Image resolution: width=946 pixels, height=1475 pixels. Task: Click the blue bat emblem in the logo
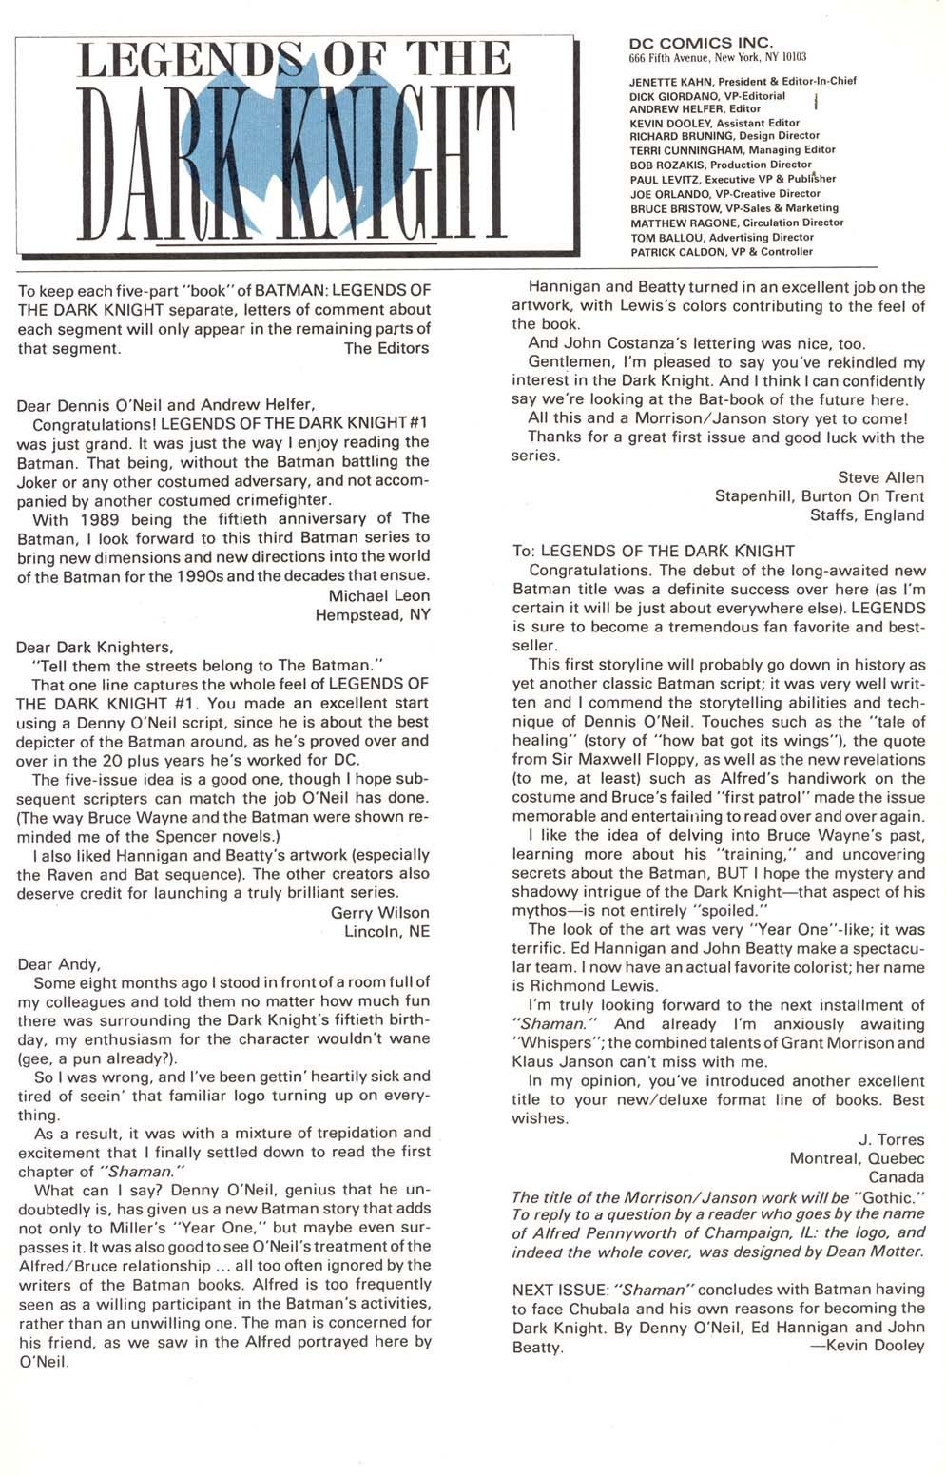[x=285, y=143]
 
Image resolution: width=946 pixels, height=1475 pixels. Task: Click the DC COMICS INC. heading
[x=701, y=42]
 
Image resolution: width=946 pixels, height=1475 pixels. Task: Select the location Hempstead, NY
[x=373, y=614]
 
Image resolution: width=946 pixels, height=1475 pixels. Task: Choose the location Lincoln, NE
[x=387, y=931]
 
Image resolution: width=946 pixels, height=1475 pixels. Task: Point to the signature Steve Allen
[x=880, y=476]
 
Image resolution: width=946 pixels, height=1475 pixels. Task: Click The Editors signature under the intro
[x=386, y=348]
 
